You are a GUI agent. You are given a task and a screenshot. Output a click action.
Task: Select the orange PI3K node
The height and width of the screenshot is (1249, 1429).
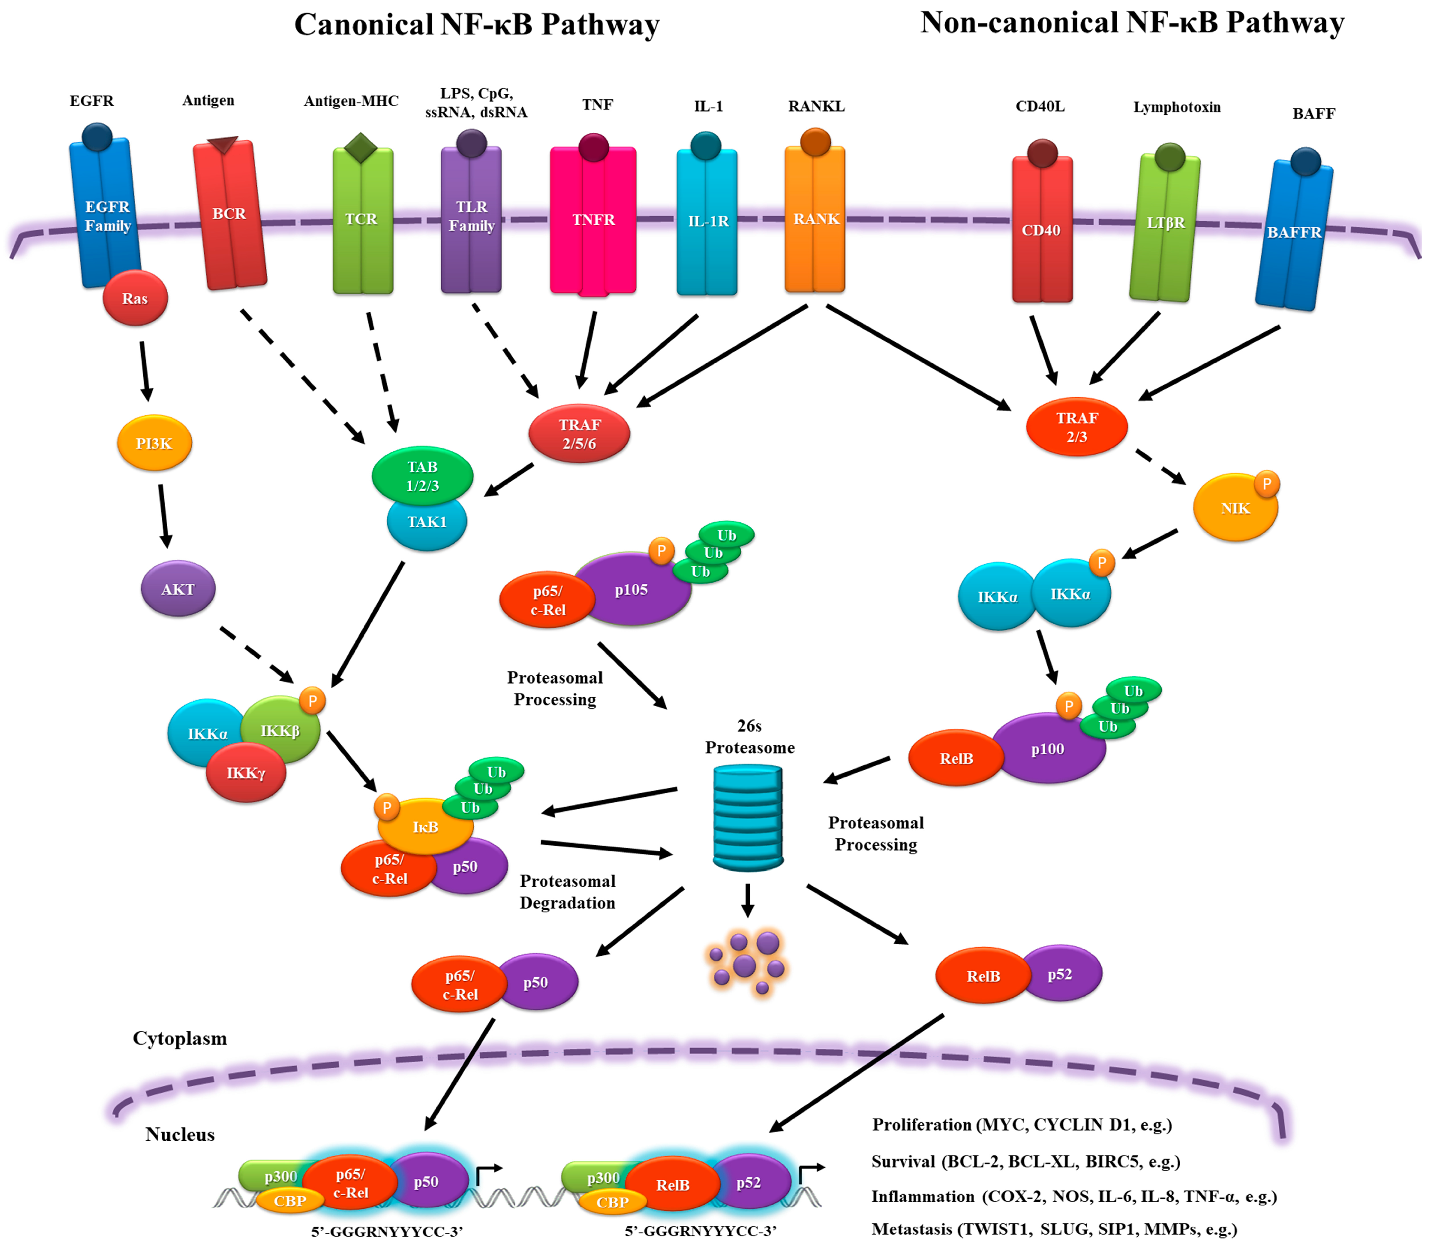(x=154, y=443)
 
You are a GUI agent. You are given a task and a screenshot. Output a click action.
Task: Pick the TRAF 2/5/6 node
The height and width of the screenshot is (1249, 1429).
(x=579, y=433)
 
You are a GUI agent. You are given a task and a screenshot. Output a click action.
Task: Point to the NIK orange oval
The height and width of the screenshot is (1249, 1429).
(x=1234, y=509)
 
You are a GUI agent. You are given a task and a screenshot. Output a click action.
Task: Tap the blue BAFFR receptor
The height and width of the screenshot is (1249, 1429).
(x=1294, y=234)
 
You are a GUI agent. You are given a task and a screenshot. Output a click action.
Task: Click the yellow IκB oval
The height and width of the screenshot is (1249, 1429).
(x=425, y=827)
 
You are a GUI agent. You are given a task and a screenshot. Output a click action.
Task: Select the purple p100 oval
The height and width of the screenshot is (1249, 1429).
(x=1048, y=749)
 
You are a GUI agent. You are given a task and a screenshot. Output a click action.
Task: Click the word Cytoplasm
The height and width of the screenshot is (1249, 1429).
(x=180, y=1038)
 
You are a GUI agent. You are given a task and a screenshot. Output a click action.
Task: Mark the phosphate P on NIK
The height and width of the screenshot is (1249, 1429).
(x=1266, y=484)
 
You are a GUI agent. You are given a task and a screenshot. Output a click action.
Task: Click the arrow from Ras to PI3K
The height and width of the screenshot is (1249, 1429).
(x=144, y=371)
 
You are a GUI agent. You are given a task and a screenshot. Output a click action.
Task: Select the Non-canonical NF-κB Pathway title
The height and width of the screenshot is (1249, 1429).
(x=1132, y=23)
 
